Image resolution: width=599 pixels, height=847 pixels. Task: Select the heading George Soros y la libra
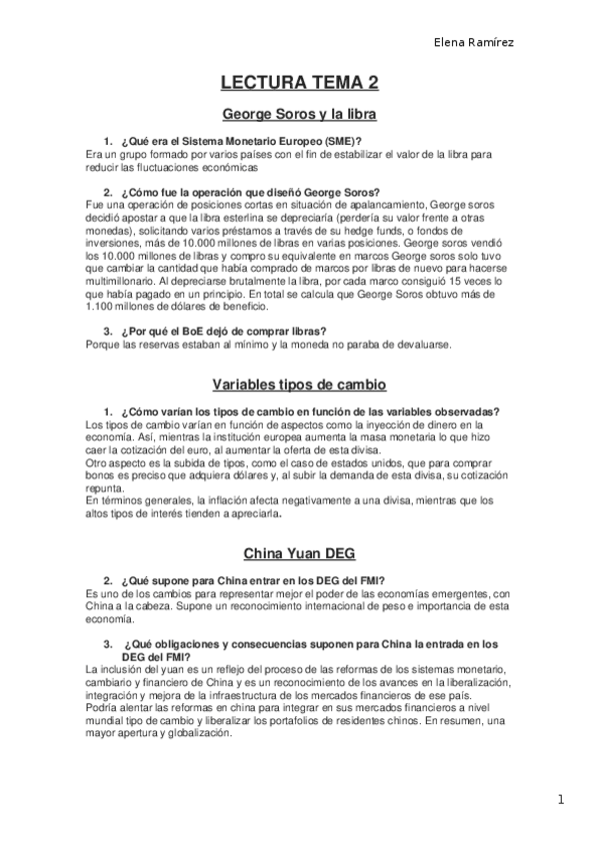coord(298,114)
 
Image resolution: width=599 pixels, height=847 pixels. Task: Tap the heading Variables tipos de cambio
coord(299,385)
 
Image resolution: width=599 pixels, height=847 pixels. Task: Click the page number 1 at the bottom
coord(563,799)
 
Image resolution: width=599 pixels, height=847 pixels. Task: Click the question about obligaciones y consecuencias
coord(308,644)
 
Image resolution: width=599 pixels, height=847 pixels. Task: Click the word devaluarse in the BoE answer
coord(426,345)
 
